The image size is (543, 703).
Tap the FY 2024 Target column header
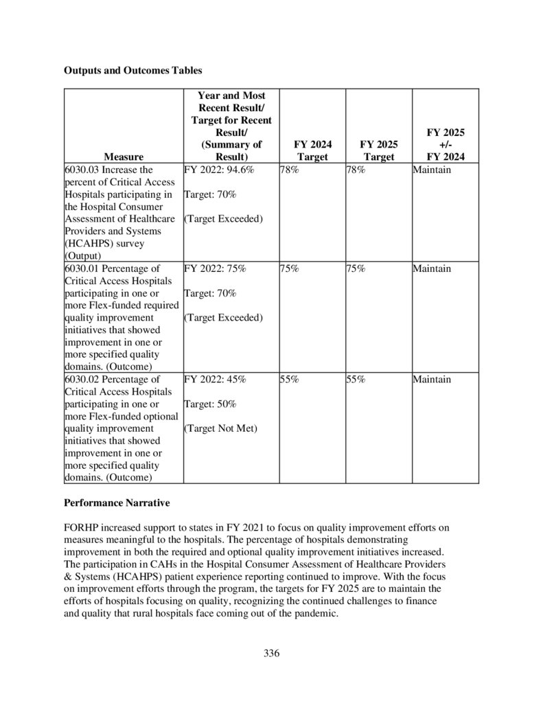[312, 151]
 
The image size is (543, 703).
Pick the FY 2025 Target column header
[378, 151]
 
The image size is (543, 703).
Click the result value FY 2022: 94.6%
[215, 170]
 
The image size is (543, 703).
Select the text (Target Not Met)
[220, 428]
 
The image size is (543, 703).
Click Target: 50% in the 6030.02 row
[210, 404]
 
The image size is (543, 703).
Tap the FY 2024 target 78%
[289, 170]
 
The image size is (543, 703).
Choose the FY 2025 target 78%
[356, 170]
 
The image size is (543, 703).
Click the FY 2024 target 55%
[289, 379]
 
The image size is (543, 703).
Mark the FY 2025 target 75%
[356, 268]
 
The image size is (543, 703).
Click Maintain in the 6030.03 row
[432, 170]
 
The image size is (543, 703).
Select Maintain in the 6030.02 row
[432, 379]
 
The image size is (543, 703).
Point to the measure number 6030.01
[81, 268]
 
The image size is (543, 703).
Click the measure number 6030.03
[81, 170]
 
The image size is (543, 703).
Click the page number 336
[272, 653]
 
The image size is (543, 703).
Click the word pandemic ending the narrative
[315, 614]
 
